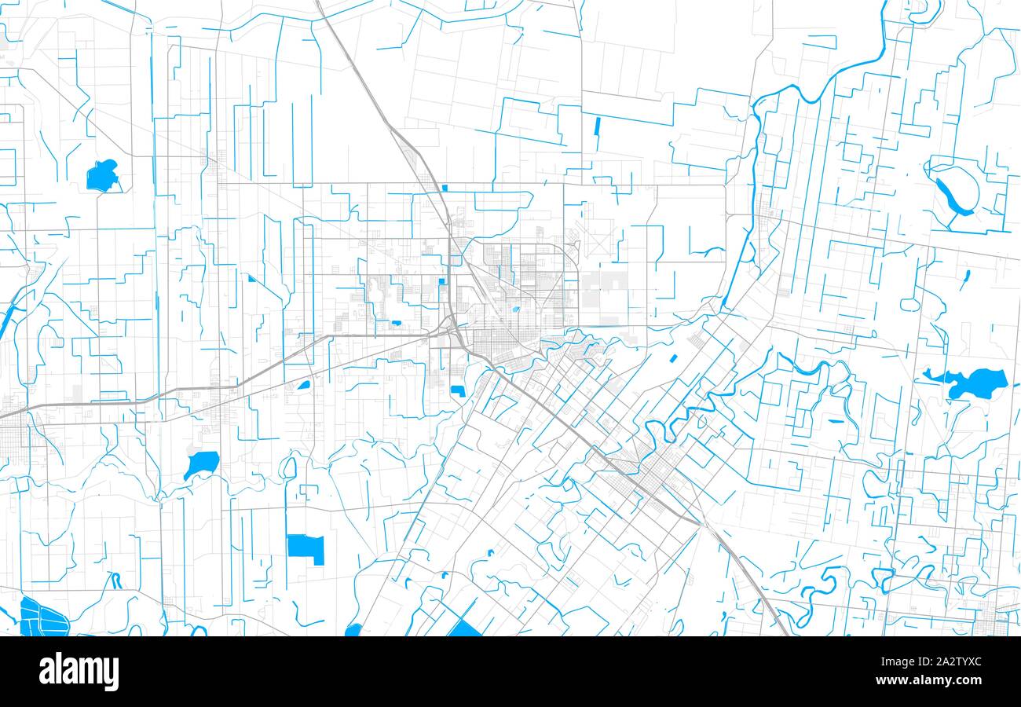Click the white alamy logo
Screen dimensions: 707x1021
79,672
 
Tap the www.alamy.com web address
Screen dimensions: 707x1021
943,680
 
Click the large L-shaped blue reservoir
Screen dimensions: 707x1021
306,548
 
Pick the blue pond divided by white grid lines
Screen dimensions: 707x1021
42,617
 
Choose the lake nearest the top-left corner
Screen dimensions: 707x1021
102,175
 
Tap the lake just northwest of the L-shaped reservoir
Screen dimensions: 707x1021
202,463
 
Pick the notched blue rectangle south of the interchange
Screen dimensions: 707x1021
458,390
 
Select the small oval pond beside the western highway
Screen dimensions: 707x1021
303,385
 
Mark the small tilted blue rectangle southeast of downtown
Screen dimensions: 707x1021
674,358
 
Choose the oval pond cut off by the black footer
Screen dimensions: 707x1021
354,630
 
